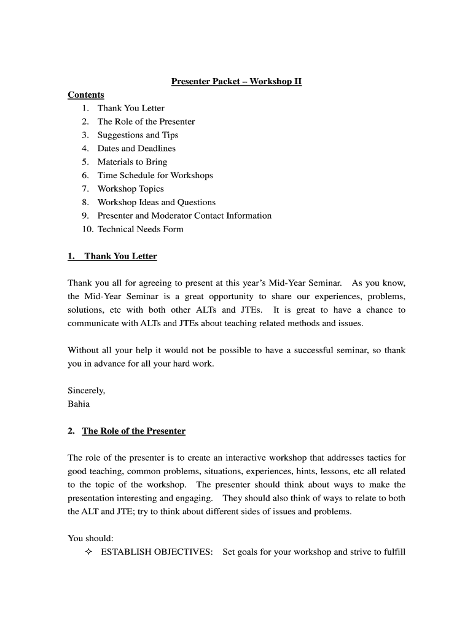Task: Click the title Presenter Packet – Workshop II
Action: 237,81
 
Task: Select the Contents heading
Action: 86,95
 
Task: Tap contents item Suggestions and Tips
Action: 138,135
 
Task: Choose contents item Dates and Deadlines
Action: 136,149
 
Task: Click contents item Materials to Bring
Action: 132,162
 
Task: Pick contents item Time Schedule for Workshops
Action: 155,176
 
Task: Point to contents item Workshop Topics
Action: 130,189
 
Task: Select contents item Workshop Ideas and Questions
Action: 156,203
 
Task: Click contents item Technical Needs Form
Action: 140,230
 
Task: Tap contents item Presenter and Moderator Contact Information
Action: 184,216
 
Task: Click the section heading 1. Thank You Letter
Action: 112,256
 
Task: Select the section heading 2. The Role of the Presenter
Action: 127,431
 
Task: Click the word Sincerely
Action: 87,391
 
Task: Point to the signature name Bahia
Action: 79,404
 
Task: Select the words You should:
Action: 90,539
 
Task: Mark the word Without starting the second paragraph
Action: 84,350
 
